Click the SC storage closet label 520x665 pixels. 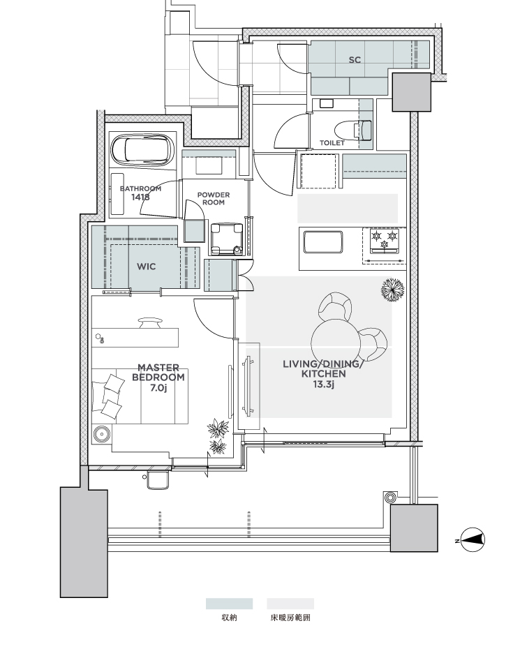(x=355, y=60)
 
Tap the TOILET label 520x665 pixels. (x=332, y=143)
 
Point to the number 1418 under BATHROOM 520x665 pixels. (x=140, y=197)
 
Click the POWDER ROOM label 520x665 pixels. (x=214, y=198)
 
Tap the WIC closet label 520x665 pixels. (x=147, y=267)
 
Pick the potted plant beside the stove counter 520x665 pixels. (x=392, y=290)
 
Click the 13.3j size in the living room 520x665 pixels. (x=324, y=384)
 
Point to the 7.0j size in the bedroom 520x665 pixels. (x=158, y=388)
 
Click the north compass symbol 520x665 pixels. (x=473, y=539)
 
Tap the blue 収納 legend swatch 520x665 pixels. (x=229, y=604)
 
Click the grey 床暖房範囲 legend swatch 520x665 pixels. (x=290, y=604)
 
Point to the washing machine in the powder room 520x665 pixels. (x=226, y=239)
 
